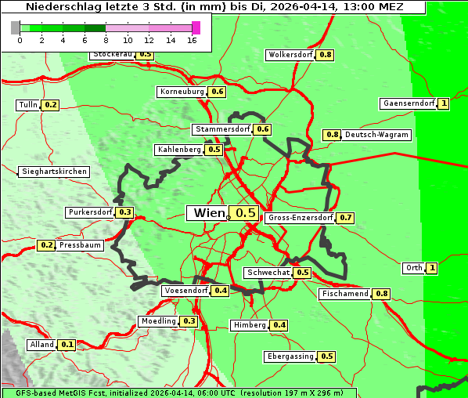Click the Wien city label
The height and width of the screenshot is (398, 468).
(207, 213)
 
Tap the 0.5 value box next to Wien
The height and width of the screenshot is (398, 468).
(246, 213)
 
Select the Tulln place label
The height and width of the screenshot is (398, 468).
(28, 105)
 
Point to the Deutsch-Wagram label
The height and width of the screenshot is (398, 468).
(376, 135)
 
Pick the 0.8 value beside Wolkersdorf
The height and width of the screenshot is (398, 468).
(326, 55)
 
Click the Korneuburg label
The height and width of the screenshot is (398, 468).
(182, 92)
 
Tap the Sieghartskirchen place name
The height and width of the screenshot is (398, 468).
(53, 172)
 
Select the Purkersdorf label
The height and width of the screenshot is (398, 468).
(90, 212)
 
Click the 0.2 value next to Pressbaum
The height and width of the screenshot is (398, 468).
(46, 245)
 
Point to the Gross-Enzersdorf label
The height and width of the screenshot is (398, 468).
(301, 218)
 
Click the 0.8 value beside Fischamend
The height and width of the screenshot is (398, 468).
(381, 294)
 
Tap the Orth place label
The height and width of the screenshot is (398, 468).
(414, 268)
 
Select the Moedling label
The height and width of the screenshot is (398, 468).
(159, 321)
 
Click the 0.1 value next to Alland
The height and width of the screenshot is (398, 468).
(67, 345)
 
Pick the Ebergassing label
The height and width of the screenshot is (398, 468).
(290, 356)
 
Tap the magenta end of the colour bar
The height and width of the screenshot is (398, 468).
(196, 27)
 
